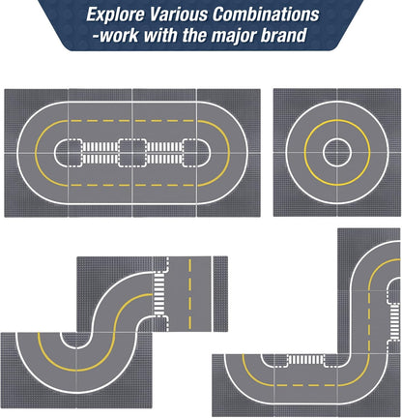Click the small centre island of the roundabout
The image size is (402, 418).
[x=337, y=153]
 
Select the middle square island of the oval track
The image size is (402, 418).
[x=132, y=153]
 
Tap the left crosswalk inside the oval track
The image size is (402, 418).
[x=100, y=153]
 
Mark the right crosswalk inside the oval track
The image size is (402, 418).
[x=164, y=153]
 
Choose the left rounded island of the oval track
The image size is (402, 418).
[x=68, y=153]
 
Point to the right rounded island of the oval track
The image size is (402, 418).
[x=197, y=153]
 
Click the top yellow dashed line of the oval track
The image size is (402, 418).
[x=132, y=121]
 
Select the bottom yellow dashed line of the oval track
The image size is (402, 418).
[x=132, y=185]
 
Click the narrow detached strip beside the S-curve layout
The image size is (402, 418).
[x=220, y=294]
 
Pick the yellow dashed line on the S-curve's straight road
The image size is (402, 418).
[x=189, y=293]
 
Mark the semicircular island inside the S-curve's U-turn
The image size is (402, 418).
[x=76, y=341]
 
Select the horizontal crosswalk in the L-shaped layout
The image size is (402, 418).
[x=305, y=359]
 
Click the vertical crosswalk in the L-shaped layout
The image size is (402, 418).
[x=394, y=321]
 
